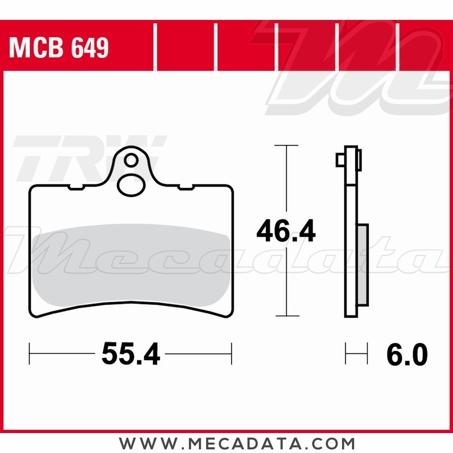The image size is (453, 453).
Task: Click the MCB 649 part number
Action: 59,48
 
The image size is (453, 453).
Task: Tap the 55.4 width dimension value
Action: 130,354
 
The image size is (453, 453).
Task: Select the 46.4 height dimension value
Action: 286,231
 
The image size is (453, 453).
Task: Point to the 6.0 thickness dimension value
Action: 407,354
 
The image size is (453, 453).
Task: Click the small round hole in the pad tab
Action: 131,160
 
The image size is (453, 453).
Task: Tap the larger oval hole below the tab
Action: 131,185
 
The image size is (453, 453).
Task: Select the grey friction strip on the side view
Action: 363,265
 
